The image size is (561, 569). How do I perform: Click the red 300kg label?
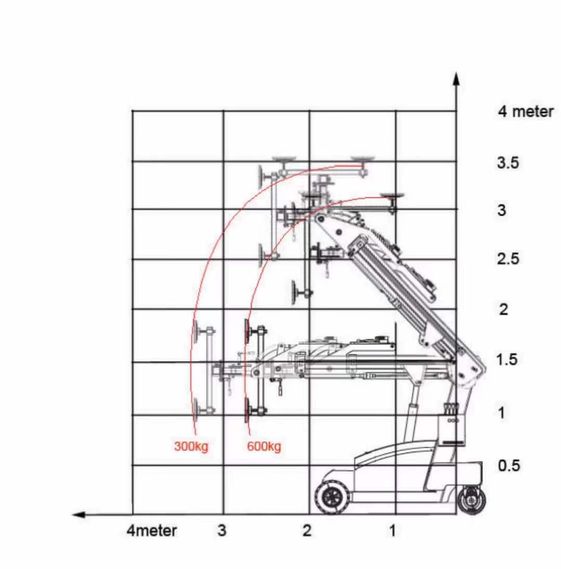tap(191, 446)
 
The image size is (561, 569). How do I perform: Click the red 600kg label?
tap(264, 446)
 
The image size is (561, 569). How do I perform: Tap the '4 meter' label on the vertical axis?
tap(526, 112)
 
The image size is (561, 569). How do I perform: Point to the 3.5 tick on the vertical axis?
tap(507, 163)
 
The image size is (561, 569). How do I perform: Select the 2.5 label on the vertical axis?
tap(507, 258)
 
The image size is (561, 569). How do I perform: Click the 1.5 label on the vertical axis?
tap(506, 359)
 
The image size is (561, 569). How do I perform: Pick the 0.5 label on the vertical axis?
tap(508, 465)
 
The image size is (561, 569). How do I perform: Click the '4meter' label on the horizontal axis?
tap(151, 531)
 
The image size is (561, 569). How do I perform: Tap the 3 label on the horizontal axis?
tap(222, 531)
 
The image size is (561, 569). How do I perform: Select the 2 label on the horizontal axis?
tap(307, 531)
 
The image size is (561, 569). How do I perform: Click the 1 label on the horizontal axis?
tap(393, 531)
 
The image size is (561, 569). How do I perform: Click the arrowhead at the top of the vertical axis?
tap(456, 78)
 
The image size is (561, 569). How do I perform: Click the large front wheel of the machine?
tap(331, 497)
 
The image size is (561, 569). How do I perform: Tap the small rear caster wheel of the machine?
tap(472, 500)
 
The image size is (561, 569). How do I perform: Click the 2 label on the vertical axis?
tap(503, 309)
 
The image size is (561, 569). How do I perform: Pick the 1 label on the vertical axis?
tap(502, 413)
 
